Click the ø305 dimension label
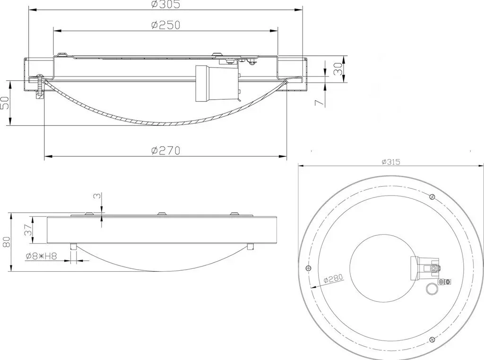[165, 4]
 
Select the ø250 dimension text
[165, 25]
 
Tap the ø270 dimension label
[165, 151]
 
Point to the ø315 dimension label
[391, 162]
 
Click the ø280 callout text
[333, 279]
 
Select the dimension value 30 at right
[338, 69]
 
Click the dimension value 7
[320, 102]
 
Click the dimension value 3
[97, 196]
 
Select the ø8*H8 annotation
[42, 256]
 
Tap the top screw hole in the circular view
[432, 197]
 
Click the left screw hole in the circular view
[307, 268]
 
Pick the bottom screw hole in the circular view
[432, 339]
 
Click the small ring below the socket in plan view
[431, 289]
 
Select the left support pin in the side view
[73, 247]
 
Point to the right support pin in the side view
[251, 247]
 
